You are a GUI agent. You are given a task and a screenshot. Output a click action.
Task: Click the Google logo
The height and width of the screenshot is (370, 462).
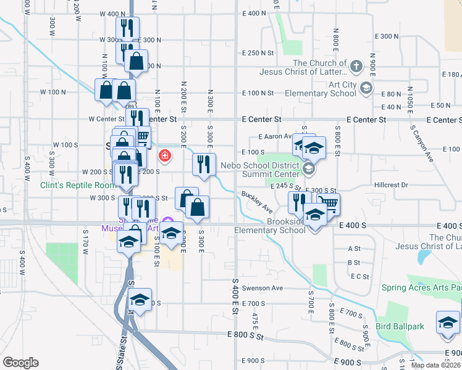point(20,363)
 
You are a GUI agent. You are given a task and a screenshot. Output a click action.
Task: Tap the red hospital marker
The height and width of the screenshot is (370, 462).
point(165,155)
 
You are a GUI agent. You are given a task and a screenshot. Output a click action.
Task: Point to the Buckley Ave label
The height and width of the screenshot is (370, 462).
point(257,202)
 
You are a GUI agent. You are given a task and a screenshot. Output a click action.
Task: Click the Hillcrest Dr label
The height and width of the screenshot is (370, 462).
point(391,185)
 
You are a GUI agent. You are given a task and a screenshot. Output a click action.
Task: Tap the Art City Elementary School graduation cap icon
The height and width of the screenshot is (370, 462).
point(367,88)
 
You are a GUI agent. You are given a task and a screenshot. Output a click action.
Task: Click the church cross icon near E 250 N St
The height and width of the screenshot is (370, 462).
point(356,66)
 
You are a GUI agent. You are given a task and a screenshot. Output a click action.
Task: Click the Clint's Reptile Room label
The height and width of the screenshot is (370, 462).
point(78,185)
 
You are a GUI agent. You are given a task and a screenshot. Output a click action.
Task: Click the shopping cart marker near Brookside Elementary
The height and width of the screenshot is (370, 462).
point(329,203)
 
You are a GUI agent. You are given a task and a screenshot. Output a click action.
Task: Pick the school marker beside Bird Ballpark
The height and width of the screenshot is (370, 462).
point(448,323)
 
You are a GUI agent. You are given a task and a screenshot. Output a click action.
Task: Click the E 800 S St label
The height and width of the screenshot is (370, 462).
point(245,335)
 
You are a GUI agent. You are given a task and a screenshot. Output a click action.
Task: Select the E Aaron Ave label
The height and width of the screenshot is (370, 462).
point(275,136)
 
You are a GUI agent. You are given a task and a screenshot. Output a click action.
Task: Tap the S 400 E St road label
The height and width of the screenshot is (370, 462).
point(235,296)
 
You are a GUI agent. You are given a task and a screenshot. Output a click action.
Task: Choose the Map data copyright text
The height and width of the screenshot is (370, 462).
point(436,365)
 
